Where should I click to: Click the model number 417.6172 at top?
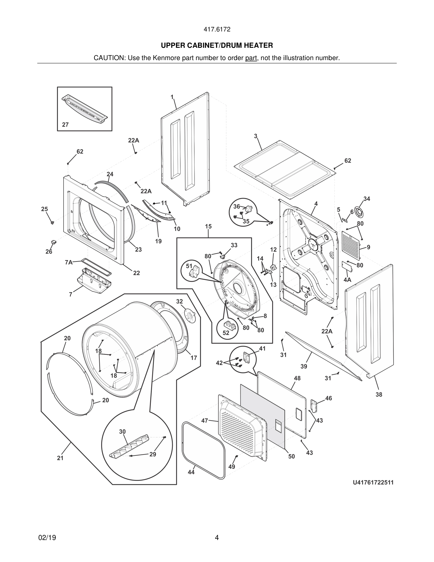tap(217, 29)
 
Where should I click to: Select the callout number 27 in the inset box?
tap(65, 125)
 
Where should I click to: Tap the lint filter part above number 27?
tap(85, 109)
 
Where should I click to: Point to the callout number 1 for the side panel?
tap(172, 97)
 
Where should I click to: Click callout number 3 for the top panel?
tap(256, 136)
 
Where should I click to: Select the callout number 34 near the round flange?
tap(367, 199)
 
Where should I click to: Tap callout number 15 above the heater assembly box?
tap(208, 226)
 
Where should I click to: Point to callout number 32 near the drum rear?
tap(179, 301)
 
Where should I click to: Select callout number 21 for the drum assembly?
tap(60, 458)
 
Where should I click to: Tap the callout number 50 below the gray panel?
tap(291, 456)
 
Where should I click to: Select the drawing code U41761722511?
tap(373, 483)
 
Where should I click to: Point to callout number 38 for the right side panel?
tap(379, 395)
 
